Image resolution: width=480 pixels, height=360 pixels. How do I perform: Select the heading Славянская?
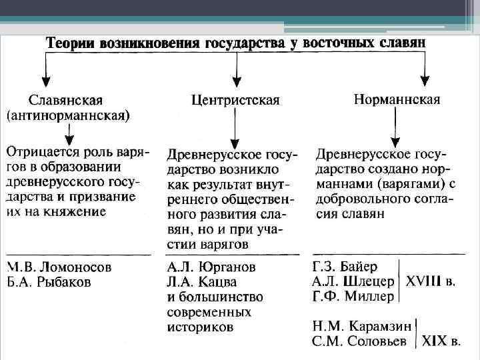coord(65,101)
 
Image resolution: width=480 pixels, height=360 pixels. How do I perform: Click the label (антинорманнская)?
coord(69,115)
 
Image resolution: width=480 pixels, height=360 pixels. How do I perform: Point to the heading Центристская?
coord(235,100)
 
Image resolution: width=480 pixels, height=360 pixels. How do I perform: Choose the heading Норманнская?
coord(397,99)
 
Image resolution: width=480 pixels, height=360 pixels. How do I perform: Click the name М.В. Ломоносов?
coord(59,267)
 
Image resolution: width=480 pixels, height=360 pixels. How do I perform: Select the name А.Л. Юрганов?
coord(212,267)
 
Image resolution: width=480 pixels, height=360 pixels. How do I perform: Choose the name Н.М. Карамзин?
coord(360,327)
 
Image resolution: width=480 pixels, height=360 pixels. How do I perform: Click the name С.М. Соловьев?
coord(360,342)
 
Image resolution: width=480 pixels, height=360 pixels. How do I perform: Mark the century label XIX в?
coord(441,342)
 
